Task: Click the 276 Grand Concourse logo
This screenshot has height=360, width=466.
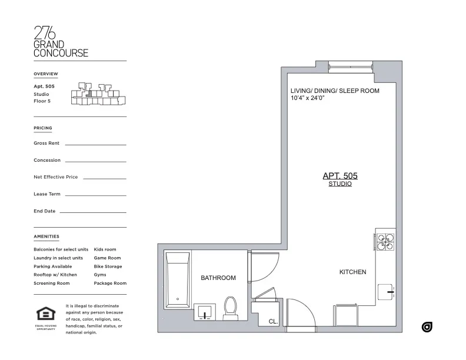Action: click(x=61, y=41)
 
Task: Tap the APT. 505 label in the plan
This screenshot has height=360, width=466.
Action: click(x=340, y=175)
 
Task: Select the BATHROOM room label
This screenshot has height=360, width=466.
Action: click(x=218, y=278)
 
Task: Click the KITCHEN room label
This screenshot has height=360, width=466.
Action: click(x=352, y=272)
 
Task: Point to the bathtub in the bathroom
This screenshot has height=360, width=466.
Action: click(x=177, y=279)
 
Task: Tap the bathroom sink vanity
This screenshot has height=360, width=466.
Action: click(x=204, y=312)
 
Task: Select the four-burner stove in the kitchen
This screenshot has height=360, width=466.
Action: click(x=385, y=242)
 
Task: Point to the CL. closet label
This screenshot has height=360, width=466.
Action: click(x=273, y=322)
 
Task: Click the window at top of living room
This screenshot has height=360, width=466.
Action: click(x=351, y=66)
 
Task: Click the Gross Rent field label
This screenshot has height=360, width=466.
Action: click(x=46, y=143)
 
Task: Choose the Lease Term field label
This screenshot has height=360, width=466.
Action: click(x=47, y=194)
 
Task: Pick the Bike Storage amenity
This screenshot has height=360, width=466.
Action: click(x=108, y=266)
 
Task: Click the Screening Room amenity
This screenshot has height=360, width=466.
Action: click(x=52, y=283)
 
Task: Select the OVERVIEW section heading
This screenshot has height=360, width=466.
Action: click(x=46, y=74)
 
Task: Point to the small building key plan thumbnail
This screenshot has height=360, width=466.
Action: click(x=98, y=95)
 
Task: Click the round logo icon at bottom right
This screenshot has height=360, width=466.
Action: click(x=427, y=327)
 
